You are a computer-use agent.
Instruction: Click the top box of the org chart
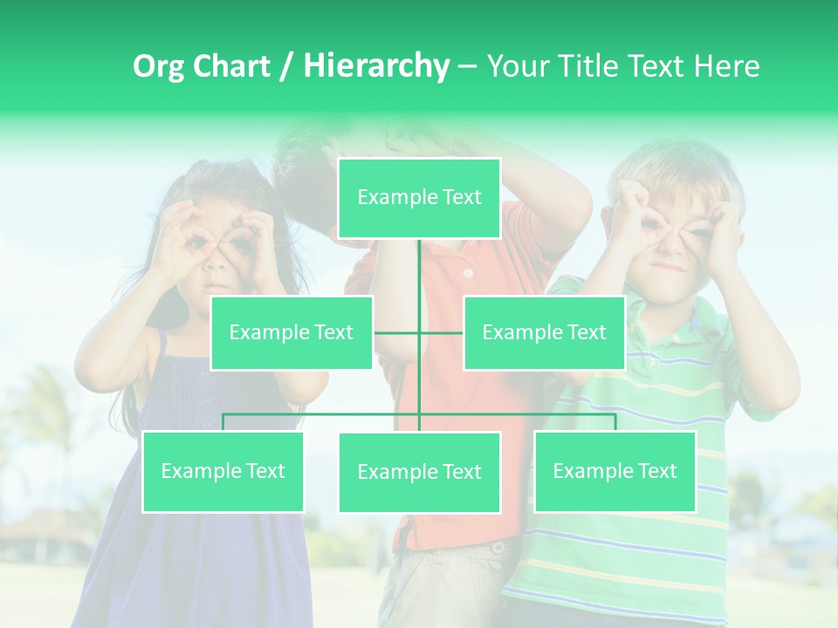coord(419,198)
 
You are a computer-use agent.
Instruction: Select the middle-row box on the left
coord(292,332)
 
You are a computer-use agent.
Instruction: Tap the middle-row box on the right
coord(544,332)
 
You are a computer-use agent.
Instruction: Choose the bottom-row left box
coord(223,471)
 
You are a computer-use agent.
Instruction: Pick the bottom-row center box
coord(419,472)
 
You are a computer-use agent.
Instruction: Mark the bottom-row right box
coord(615,471)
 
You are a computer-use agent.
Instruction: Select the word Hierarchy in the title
coord(376,66)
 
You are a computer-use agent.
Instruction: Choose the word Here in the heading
coord(726,66)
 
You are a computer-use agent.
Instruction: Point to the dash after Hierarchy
coord(467,67)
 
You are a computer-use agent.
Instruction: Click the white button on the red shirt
coord(468,273)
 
